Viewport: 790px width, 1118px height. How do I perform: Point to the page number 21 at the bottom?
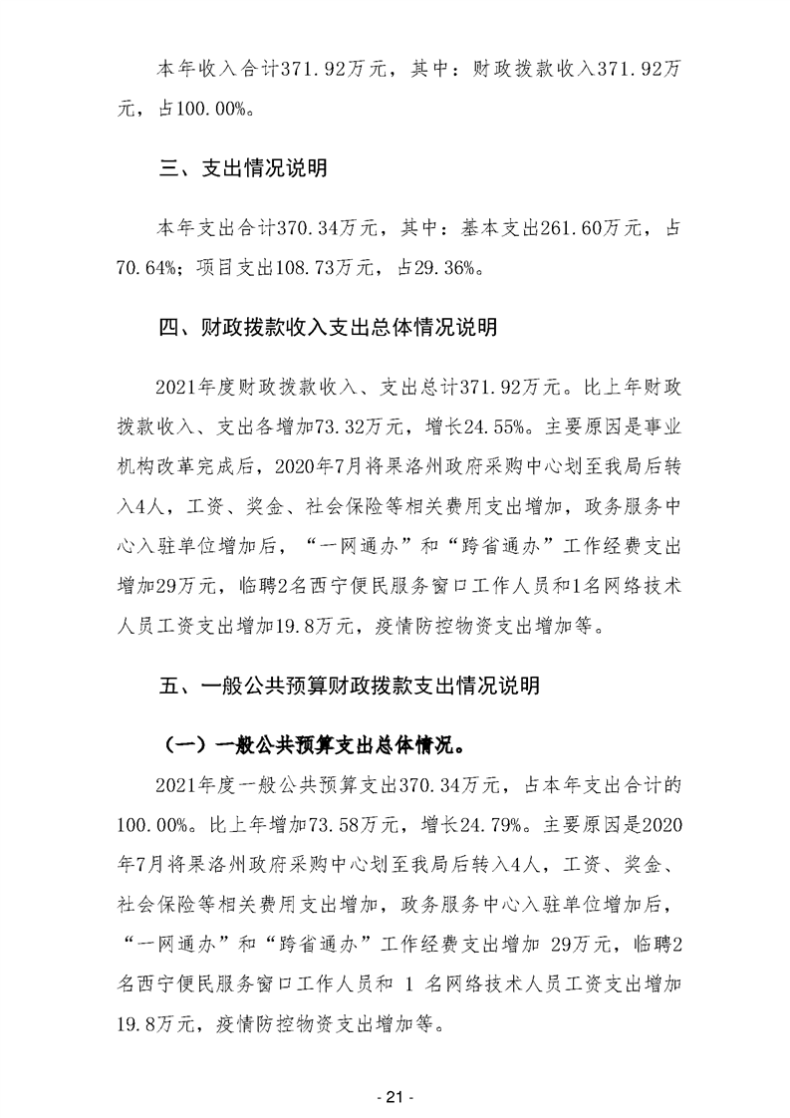[x=394, y=1097]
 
